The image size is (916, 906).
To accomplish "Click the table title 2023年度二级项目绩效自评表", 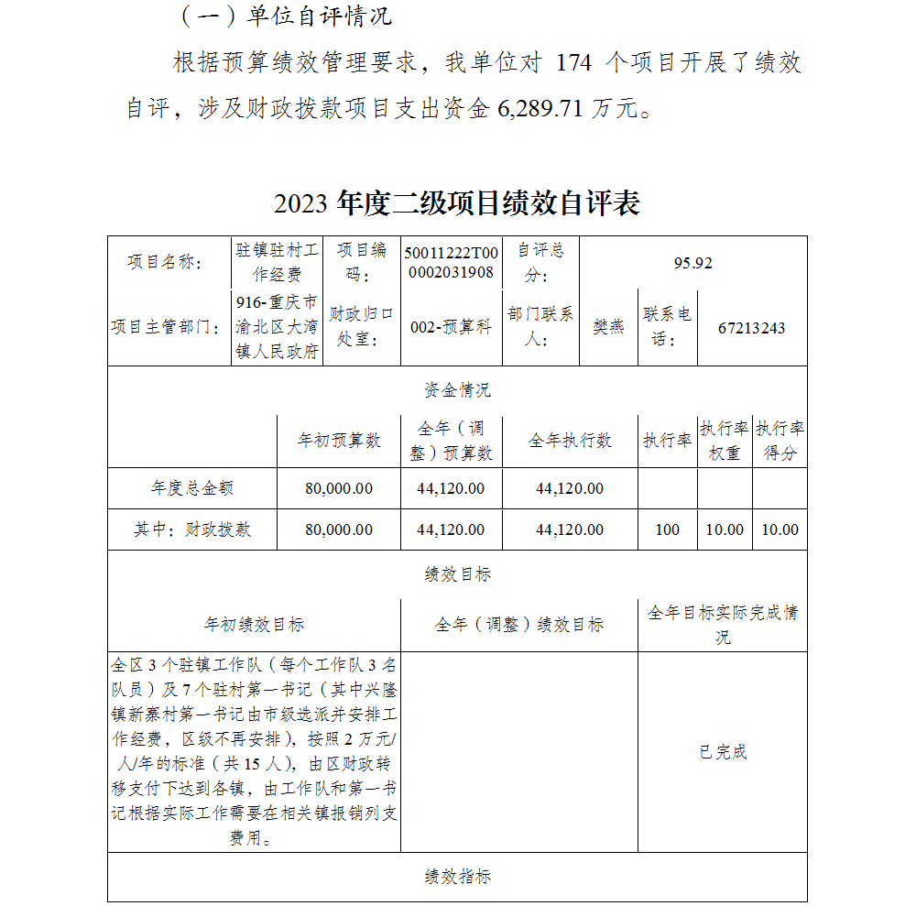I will click(x=456, y=203).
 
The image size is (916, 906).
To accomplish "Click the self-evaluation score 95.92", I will click(x=692, y=263).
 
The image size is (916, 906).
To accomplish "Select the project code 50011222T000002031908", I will click(x=452, y=263).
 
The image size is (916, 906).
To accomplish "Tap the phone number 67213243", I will click(x=751, y=328).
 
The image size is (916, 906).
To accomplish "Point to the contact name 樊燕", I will click(x=608, y=328).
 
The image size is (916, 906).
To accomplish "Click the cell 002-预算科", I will click(x=452, y=328).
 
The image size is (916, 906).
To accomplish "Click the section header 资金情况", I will click(x=457, y=390).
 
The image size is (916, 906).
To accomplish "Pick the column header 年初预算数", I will click(x=339, y=441).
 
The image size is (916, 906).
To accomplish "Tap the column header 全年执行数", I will click(x=570, y=441).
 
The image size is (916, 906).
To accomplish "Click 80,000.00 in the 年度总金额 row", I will click(x=339, y=488).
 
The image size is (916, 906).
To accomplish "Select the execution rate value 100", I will click(x=668, y=529).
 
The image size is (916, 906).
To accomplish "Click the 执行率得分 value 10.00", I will click(x=780, y=529).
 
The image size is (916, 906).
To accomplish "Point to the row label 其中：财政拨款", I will click(x=192, y=529).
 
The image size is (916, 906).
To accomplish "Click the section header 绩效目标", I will click(x=457, y=574).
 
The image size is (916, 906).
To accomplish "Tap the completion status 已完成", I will click(x=723, y=752).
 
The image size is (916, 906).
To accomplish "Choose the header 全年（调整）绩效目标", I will click(x=518, y=625).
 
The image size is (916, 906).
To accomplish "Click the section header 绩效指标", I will click(x=457, y=877).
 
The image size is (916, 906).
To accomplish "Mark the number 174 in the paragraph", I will click(x=574, y=62).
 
